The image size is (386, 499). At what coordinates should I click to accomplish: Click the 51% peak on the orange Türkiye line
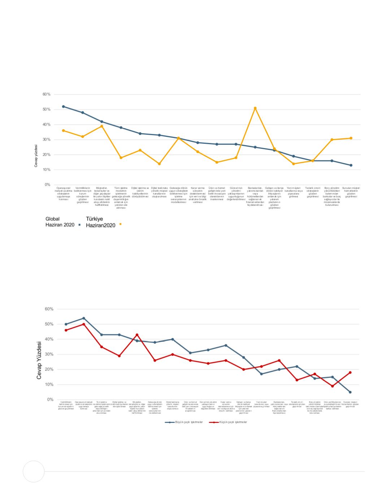pyautogui.click(x=255, y=108)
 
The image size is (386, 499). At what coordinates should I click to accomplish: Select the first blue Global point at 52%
pyautogui.click(x=64, y=107)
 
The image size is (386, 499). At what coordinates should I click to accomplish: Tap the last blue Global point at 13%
pyautogui.click(x=351, y=165)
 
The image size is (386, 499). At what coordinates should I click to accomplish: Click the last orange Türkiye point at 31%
pyautogui.click(x=351, y=138)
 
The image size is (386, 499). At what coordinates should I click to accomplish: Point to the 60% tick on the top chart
pyautogui.click(x=47, y=94)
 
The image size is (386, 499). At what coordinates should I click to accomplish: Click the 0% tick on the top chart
pyautogui.click(x=48, y=185)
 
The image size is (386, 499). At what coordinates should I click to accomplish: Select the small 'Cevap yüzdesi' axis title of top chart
pyautogui.click(x=41, y=156)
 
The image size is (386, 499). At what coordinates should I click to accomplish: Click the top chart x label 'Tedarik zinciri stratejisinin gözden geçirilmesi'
pyautogui.click(x=313, y=192)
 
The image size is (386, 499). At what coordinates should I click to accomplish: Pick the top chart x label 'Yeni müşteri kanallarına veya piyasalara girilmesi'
pyautogui.click(x=294, y=192)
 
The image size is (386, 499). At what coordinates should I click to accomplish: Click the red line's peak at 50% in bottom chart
pyautogui.click(x=84, y=324)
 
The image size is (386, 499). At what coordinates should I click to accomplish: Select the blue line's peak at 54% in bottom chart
pyautogui.click(x=84, y=318)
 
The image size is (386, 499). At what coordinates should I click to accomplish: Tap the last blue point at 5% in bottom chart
pyautogui.click(x=350, y=392)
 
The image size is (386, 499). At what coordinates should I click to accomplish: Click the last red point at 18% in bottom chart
pyautogui.click(x=350, y=373)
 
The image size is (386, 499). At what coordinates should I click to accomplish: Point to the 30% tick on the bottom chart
pyautogui.click(x=49, y=355)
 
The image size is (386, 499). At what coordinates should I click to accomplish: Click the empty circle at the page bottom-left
pyautogui.click(x=34, y=471)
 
